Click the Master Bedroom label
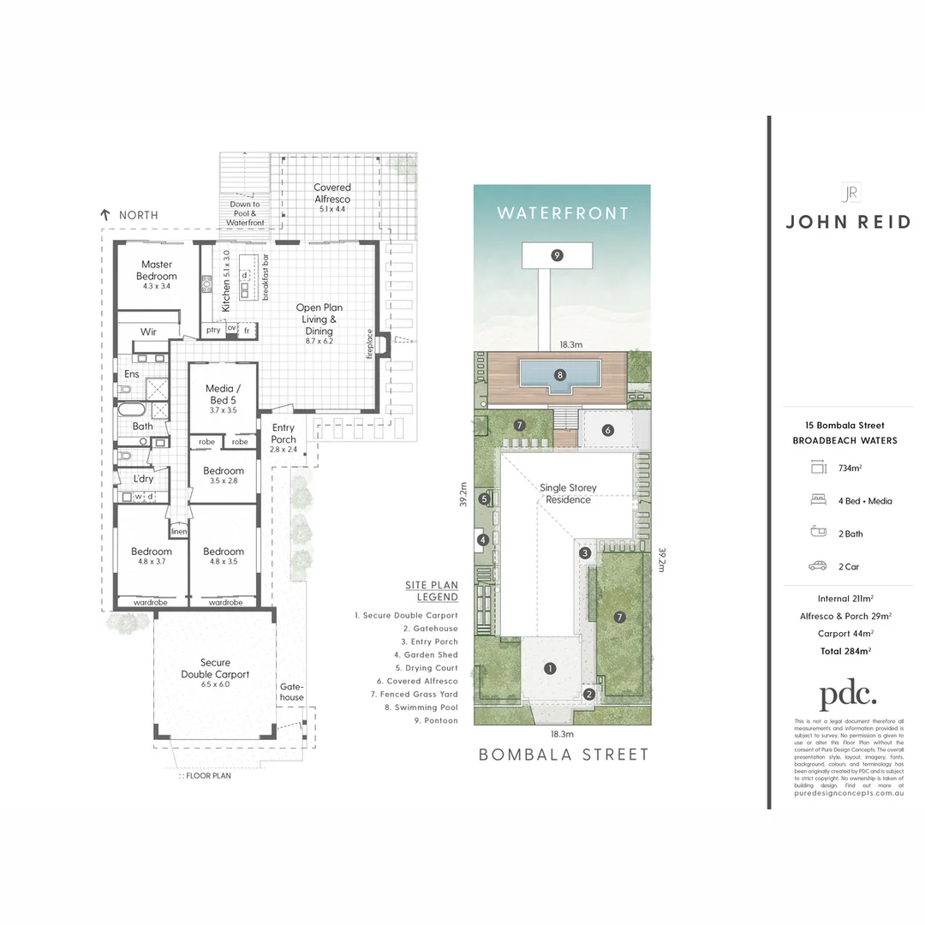(x=157, y=270)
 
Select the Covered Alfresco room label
(x=331, y=193)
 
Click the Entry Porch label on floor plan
(x=283, y=433)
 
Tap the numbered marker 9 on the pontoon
(x=557, y=254)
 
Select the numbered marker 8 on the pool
(x=559, y=374)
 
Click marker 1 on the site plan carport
(x=550, y=669)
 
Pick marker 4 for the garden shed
(x=483, y=540)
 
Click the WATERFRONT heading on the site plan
(x=562, y=213)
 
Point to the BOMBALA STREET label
(x=563, y=755)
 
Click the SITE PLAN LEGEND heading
(x=432, y=591)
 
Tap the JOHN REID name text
(x=849, y=222)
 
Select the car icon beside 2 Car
(x=817, y=566)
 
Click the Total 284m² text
(x=844, y=651)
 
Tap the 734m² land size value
(x=850, y=468)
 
